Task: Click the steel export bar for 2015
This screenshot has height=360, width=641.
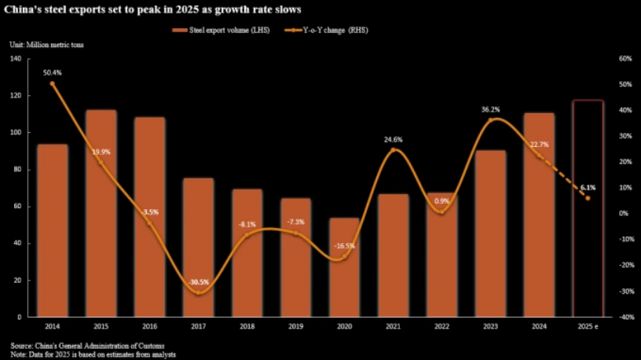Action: (x=101, y=213)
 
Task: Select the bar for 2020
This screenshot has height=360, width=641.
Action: (x=344, y=267)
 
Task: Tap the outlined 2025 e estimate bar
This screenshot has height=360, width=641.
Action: (x=588, y=208)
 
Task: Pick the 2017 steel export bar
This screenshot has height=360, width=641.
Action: (x=198, y=247)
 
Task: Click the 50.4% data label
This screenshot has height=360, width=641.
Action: (x=53, y=72)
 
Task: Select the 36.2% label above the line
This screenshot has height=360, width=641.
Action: (x=490, y=109)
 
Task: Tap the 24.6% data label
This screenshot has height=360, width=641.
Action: (x=393, y=139)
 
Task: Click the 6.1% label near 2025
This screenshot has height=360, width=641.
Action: (x=588, y=188)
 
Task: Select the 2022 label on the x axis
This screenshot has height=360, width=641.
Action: (x=441, y=326)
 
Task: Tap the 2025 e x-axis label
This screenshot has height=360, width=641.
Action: (x=588, y=326)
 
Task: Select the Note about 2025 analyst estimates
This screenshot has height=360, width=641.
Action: (x=93, y=354)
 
